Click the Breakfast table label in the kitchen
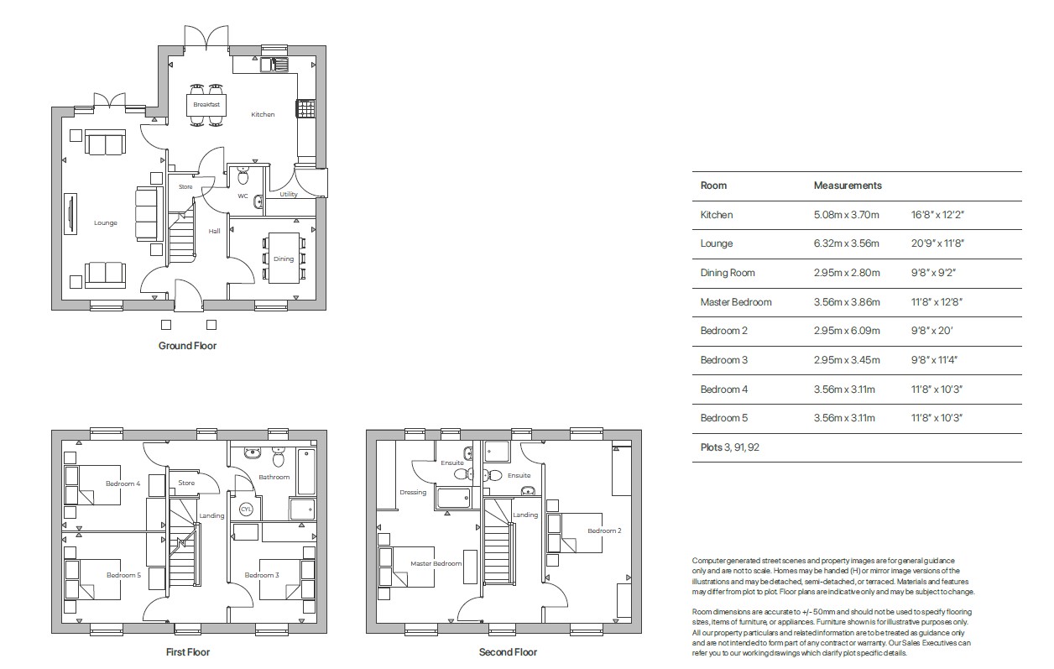(x=206, y=104)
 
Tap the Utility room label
(x=289, y=194)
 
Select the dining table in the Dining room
(x=284, y=257)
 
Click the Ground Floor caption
(x=187, y=346)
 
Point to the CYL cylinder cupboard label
(x=246, y=509)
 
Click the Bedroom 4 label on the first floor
(x=123, y=483)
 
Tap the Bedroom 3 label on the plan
(x=261, y=575)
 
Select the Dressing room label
(x=413, y=492)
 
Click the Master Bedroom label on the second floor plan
(x=436, y=563)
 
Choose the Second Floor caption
(x=508, y=652)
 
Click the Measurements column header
(x=848, y=186)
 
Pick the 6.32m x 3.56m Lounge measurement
(x=847, y=243)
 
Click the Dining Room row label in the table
(x=728, y=273)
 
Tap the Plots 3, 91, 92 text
(x=730, y=447)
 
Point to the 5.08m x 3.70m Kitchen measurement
(x=847, y=215)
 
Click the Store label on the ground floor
(x=185, y=186)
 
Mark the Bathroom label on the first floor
(x=274, y=477)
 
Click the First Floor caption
(x=187, y=652)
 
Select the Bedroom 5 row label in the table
(x=724, y=418)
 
